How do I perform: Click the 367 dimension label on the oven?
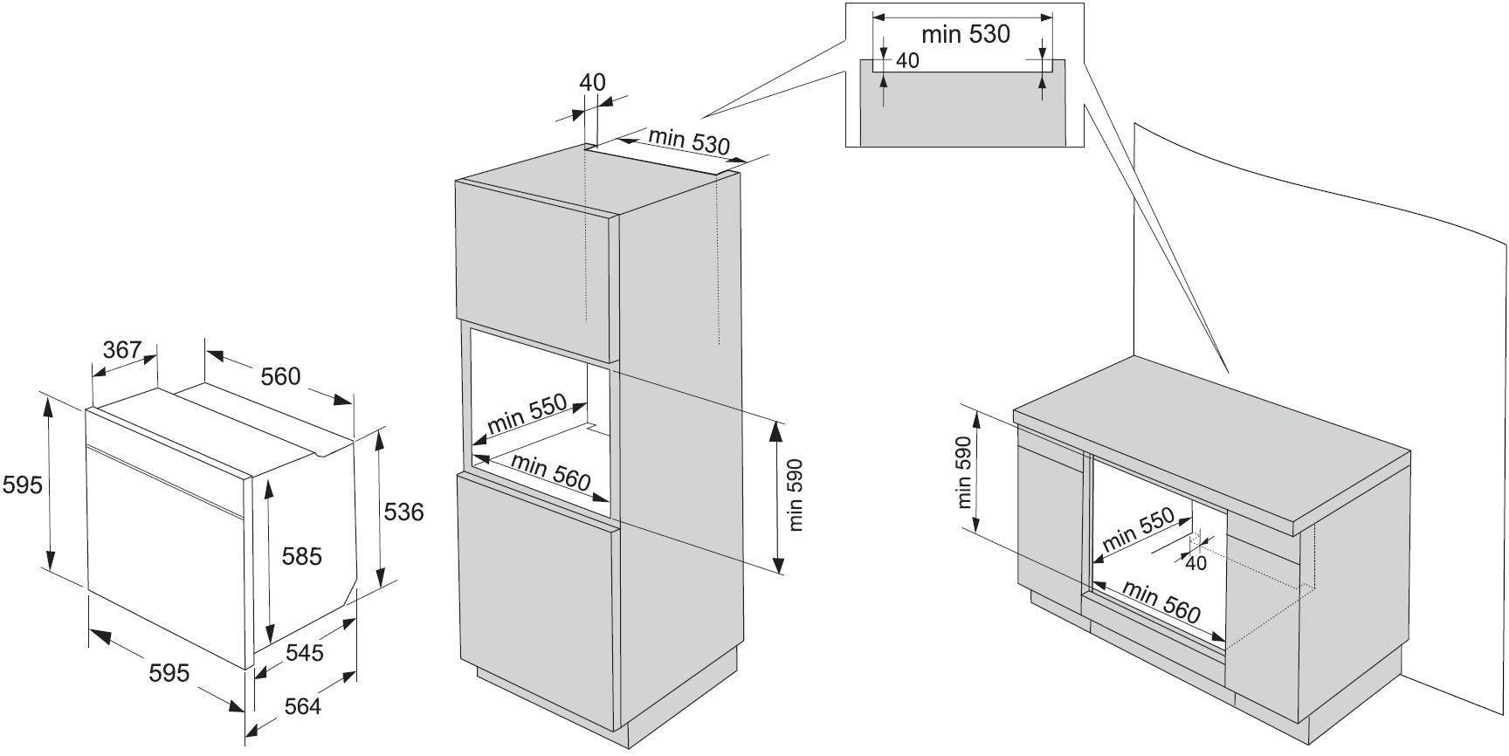[122, 350]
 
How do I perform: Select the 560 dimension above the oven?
[280, 376]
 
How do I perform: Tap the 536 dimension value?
[403, 512]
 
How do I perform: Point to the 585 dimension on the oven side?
[301, 556]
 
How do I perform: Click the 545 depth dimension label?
[304, 652]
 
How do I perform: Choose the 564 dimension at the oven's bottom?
[302, 705]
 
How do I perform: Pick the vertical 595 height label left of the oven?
[22, 485]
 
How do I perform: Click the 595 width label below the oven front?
[169, 672]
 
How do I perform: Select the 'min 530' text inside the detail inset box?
[965, 35]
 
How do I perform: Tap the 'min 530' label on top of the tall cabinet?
[688, 141]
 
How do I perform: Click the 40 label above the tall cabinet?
[592, 83]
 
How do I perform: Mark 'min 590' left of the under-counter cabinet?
[964, 473]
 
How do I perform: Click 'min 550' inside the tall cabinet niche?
[527, 415]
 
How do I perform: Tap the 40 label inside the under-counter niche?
[1195, 563]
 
